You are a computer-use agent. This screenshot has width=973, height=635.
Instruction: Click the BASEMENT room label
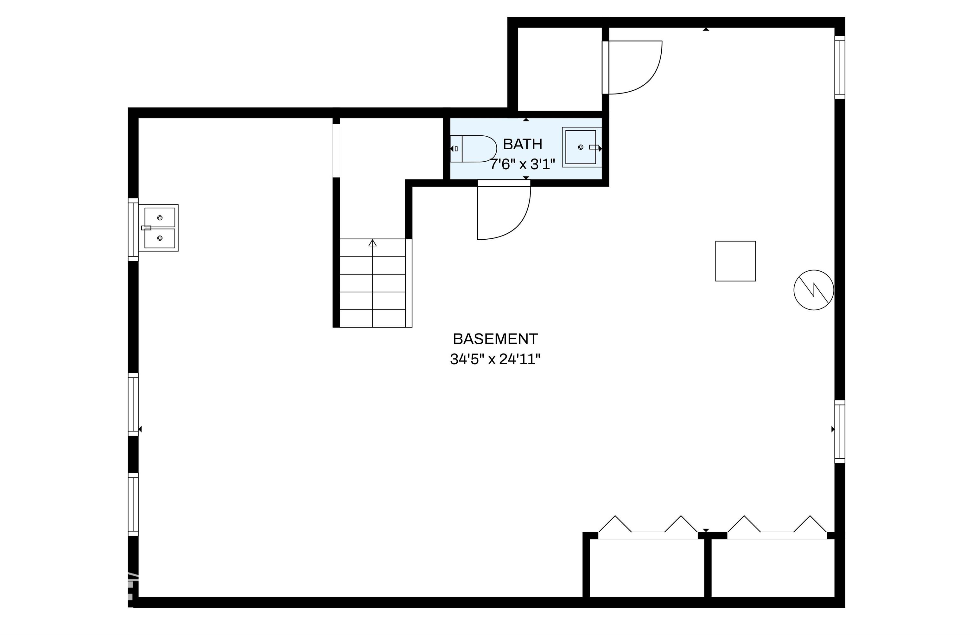[x=495, y=339]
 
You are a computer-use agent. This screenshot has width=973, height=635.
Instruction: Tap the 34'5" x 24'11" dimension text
[x=495, y=359]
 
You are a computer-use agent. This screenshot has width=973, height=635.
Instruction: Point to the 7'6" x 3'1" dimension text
[x=523, y=165]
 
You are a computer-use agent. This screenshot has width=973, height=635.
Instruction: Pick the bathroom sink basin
[x=581, y=147]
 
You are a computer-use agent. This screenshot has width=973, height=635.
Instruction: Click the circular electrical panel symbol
[x=814, y=290]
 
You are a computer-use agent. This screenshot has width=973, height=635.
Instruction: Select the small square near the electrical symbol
[x=735, y=261]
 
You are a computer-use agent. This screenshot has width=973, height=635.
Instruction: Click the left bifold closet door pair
[x=648, y=525]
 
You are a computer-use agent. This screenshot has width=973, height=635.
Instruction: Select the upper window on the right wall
[x=840, y=68]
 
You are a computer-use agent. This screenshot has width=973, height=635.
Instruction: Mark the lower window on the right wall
[x=840, y=432]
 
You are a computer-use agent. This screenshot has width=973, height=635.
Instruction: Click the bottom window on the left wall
[x=133, y=504]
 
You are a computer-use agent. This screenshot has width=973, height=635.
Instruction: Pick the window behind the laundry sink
[x=133, y=230]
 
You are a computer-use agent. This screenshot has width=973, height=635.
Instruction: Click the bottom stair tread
[x=372, y=318]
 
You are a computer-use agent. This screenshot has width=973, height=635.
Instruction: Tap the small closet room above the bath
[x=560, y=69]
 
